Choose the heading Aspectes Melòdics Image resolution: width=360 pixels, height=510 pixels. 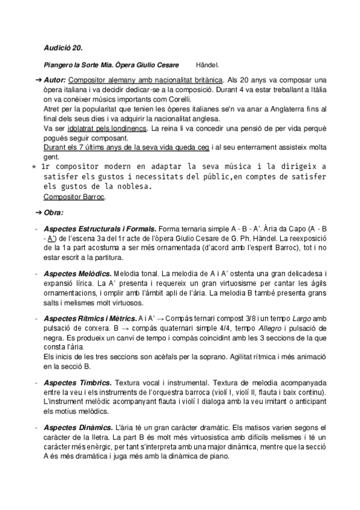point(81,274)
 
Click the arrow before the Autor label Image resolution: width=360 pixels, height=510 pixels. point(37,79)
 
